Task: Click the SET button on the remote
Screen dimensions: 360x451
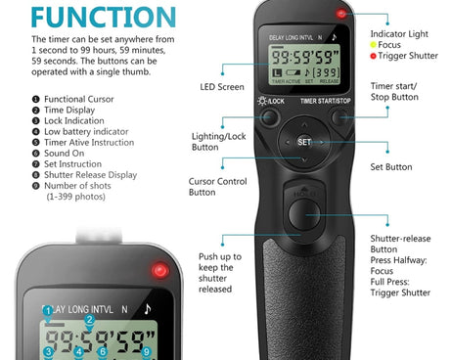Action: [303, 142]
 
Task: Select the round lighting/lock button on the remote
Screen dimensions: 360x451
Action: [268, 118]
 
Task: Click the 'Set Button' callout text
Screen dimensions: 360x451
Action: [390, 167]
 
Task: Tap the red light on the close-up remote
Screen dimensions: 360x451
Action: [157, 270]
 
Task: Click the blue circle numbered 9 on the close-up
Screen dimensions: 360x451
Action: [146, 352]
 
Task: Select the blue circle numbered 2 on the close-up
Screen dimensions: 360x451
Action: [89, 319]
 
